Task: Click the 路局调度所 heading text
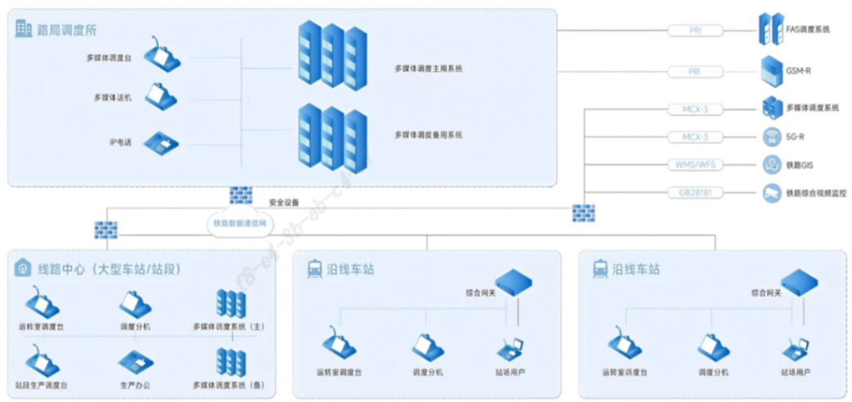point(68,30)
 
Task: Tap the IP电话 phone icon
point(161,142)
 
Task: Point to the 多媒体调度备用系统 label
point(428,135)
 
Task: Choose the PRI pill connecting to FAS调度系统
point(695,30)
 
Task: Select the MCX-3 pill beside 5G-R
point(695,137)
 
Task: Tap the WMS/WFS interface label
point(695,164)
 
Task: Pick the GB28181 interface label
point(695,193)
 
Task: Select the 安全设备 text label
point(284,203)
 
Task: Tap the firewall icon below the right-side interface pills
point(583,213)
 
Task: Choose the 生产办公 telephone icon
point(135,362)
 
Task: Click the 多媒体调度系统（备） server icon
point(231,362)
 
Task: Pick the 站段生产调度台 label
point(41,384)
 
